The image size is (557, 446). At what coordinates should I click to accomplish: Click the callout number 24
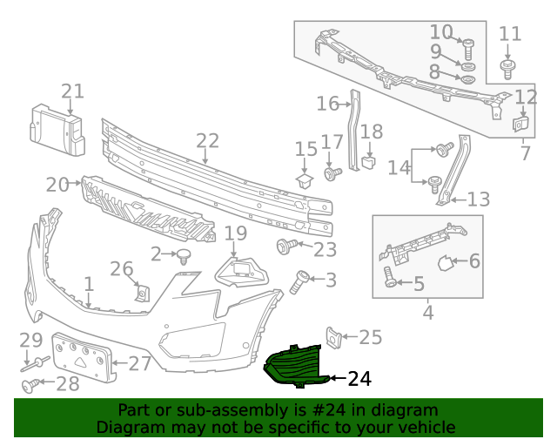[x=359, y=379]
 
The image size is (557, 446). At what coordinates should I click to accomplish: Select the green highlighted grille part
[x=292, y=367]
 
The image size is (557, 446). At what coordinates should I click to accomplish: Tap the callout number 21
[x=73, y=91]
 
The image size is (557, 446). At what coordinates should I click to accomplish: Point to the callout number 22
[x=207, y=140]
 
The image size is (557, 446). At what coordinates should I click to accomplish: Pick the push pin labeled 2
[x=184, y=255]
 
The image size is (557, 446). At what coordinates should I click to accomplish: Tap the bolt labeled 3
[x=299, y=280]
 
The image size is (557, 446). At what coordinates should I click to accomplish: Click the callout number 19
[x=236, y=233]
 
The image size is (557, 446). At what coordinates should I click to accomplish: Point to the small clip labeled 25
[x=332, y=338]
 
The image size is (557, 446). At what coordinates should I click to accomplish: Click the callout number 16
[x=327, y=105]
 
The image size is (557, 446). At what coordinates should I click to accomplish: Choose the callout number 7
[x=525, y=154]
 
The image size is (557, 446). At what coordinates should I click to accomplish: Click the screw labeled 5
[x=390, y=280]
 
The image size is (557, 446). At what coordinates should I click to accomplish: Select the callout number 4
[x=427, y=312]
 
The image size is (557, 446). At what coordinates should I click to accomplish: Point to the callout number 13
[x=479, y=199]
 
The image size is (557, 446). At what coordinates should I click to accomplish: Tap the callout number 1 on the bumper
[x=88, y=284]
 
